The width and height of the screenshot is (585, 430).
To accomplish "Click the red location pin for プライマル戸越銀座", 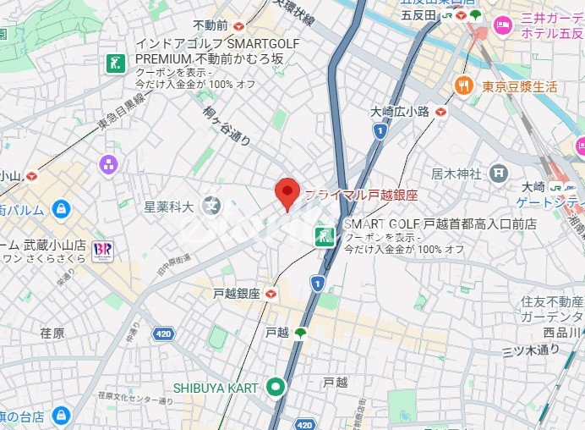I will [x=288, y=194].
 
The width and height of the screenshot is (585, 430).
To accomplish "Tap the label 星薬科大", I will [x=168, y=206].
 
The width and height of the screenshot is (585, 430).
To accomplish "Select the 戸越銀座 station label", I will [x=237, y=294].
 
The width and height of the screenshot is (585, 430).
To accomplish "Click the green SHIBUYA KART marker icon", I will [x=274, y=388].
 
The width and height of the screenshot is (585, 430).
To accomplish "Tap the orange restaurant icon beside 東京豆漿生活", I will [x=463, y=85].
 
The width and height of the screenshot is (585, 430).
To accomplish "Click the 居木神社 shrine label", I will [x=456, y=173].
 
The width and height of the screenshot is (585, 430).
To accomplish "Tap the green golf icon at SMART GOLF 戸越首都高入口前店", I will [x=323, y=236].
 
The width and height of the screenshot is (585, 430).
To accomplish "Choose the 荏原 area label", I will [x=52, y=334].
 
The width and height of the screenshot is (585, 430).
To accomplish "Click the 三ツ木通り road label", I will [x=532, y=349].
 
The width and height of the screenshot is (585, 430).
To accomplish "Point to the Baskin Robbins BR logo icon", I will [x=104, y=251].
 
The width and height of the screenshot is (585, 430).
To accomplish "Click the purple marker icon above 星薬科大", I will [x=107, y=164].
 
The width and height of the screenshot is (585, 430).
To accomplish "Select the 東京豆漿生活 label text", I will [x=520, y=86].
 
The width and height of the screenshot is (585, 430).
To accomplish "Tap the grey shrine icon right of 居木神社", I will [x=500, y=173].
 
